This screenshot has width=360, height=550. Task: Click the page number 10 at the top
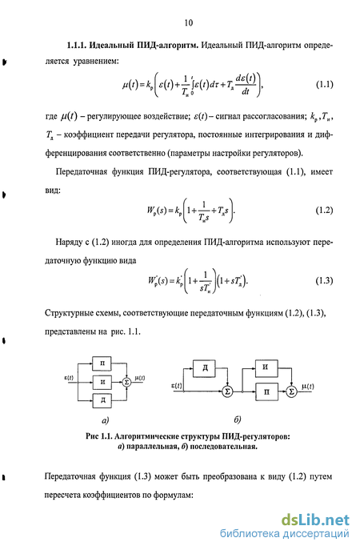tap(188, 22)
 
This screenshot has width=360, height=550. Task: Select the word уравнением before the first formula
tap(96, 62)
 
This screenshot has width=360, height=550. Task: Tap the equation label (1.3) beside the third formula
tap(324, 281)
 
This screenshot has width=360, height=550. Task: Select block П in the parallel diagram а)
tap(102, 363)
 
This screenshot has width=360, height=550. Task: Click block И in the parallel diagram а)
tap(102, 382)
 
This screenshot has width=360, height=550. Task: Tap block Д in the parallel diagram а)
tap(102, 400)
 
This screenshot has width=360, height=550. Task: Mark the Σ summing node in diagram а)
tap(126, 383)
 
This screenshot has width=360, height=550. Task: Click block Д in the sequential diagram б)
tap(204, 368)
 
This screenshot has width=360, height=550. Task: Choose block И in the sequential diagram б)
tap(266, 367)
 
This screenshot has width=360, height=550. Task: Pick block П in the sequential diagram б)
tap(266, 391)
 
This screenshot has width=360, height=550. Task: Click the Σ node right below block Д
tap(227, 391)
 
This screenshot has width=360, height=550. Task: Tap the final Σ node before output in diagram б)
tap(291, 391)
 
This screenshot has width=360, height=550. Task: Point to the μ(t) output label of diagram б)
tap(307, 387)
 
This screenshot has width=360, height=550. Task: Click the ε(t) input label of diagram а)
tap(69, 378)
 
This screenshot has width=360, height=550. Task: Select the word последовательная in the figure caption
tap(224, 448)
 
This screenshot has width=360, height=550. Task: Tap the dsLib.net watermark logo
tap(315, 520)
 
